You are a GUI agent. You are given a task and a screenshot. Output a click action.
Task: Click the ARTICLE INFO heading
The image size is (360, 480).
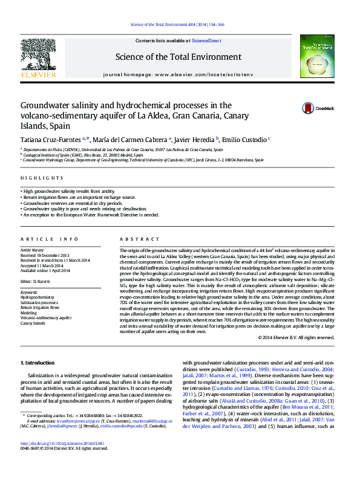click(50, 239)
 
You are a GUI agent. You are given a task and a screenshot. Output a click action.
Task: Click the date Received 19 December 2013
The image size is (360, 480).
click(44, 255)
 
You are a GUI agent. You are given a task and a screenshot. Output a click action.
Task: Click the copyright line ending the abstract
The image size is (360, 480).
click(300, 337)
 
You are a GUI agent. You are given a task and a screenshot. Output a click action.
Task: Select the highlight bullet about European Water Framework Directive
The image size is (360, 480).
click(91, 215)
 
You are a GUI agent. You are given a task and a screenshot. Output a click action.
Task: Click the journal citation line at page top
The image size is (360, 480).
click(178, 24)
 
